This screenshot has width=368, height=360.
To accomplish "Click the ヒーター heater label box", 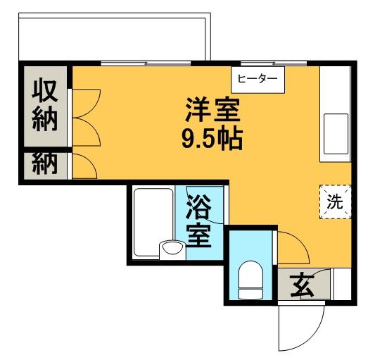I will (257, 79).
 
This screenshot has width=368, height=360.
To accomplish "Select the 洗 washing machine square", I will (335, 201).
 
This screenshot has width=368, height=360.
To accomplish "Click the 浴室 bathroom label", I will (199, 223).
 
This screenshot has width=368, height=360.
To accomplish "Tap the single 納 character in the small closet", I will (44, 167).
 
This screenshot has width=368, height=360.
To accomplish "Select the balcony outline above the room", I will (113, 39).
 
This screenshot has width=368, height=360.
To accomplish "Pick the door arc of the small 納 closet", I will (83, 166).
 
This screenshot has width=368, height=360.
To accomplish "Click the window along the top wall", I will (148, 63).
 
